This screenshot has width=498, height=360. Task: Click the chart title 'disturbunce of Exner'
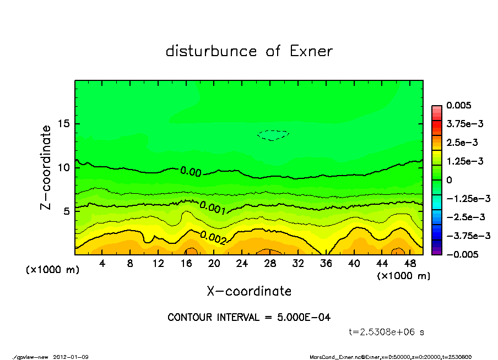[249, 51]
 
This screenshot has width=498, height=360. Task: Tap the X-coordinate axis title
[249, 291]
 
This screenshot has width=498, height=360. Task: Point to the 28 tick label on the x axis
[270, 264]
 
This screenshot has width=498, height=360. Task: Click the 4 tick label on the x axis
[102, 264]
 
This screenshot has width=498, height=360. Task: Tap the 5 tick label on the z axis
[67, 211]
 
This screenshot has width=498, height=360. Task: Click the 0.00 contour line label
[191, 172]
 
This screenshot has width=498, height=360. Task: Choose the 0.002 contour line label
[213, 237]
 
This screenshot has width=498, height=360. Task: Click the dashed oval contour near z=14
[273, 135]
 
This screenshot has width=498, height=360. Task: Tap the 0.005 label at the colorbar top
[460, 106]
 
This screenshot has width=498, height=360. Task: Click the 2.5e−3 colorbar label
[462, 143]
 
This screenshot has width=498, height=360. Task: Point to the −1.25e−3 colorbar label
[468, 198]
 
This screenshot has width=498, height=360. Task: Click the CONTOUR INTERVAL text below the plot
[249, 318]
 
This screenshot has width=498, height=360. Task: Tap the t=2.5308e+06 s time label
[387, 332]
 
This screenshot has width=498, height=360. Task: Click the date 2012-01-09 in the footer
[71, 357]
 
